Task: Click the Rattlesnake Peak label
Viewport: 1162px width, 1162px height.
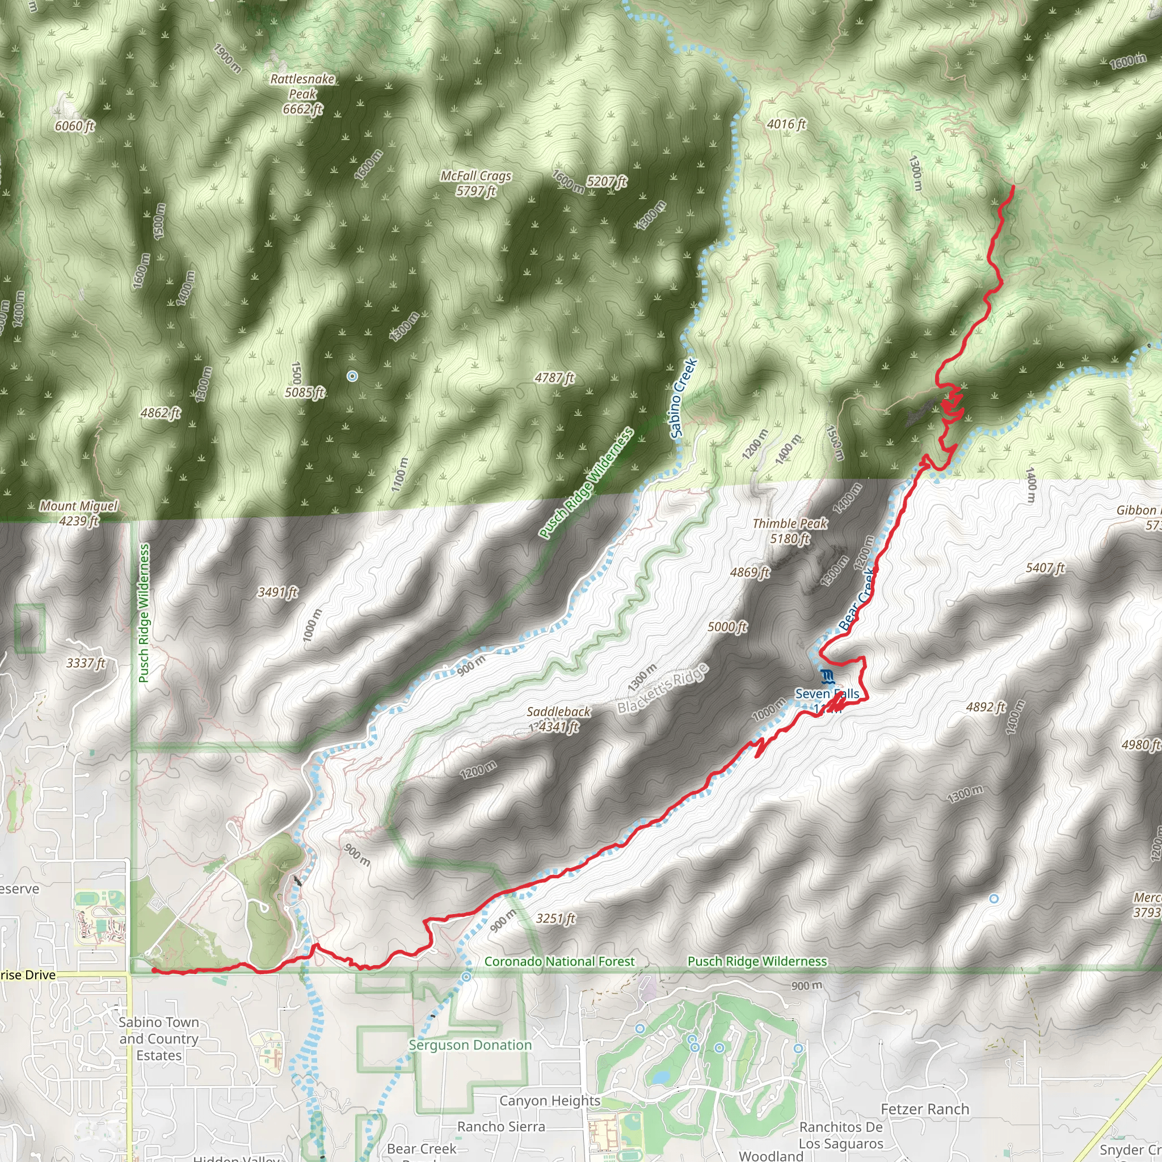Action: pyautogui.click(x=302, y=94)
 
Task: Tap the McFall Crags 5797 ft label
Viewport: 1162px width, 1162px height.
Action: pyautogui.click(x=475, y=183)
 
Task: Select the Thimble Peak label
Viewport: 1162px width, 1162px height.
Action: pyautogui.click(x=790, y=531)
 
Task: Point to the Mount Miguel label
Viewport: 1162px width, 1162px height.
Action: pyautogui.click(x=79, y=513)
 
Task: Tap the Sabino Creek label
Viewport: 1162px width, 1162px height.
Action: pyautogui.click(x=683, y=398)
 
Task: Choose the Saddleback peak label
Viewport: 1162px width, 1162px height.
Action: pyautogui.click(x=558, y=719)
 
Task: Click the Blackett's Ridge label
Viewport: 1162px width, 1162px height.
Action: pyautogui.click(x=663, y=689)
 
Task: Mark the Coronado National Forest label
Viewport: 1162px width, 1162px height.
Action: pyautogui.click(x=559, y=961)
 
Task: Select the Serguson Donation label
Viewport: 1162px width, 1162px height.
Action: pyautogui.click(x=470, y=1045)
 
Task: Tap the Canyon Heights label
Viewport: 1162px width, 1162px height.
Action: pyautogui.click(x=550, y=1100)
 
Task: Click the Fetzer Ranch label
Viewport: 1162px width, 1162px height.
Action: pyautogui.click(x=925, y=1109)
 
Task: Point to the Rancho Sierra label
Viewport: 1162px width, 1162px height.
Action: pyautogui.click(x=501, y=1126)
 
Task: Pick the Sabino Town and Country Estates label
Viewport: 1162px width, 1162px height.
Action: pyautogui.click(x=159, y=1039)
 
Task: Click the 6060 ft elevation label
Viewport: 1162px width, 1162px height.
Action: pyautogui.click(x=74, y=126)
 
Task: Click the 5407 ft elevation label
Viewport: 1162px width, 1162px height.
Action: pyautogui.click(x=1045, y=567)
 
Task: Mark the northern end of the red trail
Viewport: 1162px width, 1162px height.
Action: pyautogui.click(x=1013, y=187)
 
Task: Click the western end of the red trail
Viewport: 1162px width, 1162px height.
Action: pyautogui.click(x=153, y=970)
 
